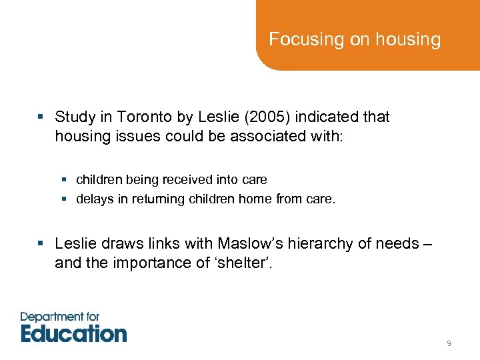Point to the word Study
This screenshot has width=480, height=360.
click(75, 117)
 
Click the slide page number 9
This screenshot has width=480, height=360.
click(449, 343)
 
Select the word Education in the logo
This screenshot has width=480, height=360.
click(74, 333)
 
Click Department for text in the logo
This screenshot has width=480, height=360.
click(60, 316)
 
